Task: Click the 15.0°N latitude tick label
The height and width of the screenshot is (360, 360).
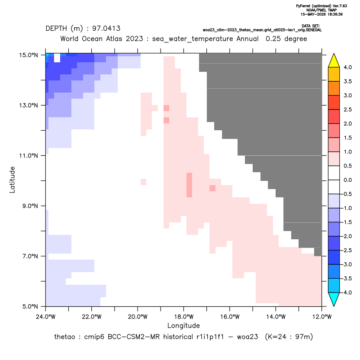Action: (29, 55)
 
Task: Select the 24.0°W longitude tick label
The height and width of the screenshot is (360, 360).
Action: (46, 317)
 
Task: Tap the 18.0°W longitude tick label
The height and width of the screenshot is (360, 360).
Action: (183, 317)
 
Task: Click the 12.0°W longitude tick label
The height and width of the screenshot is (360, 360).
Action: (321, 317)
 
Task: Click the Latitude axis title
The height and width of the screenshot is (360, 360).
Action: (12, 180)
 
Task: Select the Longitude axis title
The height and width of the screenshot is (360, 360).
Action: (183, 325)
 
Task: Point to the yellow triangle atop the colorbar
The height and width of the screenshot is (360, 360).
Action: (334, 61)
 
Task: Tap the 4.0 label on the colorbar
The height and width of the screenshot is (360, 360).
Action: (347, 67)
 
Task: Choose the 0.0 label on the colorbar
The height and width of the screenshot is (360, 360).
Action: (347, 180)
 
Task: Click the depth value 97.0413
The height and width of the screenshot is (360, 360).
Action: (106, 29)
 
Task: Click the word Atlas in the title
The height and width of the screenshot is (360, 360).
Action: (114, 39)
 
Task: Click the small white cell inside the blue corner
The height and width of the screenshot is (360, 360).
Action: (57, 58)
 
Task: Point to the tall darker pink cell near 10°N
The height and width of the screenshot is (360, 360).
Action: (189, 185)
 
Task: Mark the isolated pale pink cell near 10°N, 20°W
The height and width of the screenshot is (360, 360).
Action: (143, 182)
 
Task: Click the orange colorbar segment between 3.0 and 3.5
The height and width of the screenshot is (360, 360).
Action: (334, 89)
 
